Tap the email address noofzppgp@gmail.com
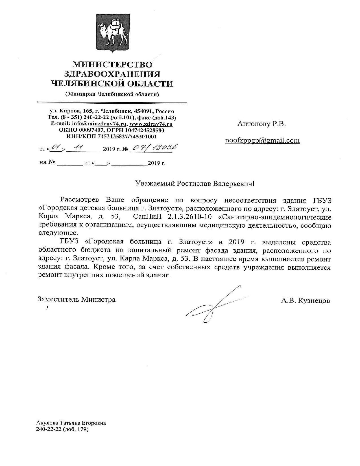pyautogui.click(x=262, y=140)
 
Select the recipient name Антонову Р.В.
pyautogui.click(x=262, y=123)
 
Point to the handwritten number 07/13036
pyautogui.click(x=155, y=148)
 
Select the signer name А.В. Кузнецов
pyautogui.click(x=305, y=300)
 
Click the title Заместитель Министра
pyautogui.click(x=77, y=299)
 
